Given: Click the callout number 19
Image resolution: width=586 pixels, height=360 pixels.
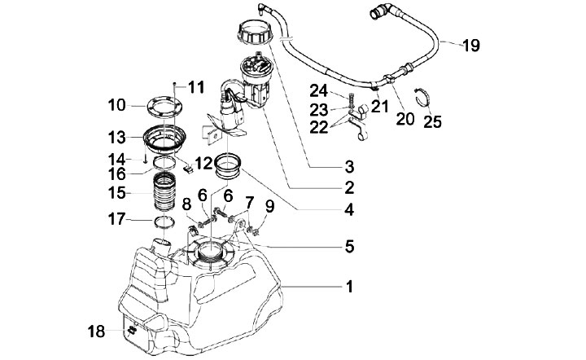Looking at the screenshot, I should click(470, 46).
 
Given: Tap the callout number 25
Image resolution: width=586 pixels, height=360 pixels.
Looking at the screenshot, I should click(433, 121).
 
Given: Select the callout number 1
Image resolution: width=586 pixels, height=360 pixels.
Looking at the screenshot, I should click(349, 288).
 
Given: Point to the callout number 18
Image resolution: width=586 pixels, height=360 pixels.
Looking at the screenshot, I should click(97, 331).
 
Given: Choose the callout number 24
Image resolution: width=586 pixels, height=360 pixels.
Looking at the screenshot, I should click(318, 91).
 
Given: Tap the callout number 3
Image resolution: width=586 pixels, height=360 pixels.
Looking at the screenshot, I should click(349, 167).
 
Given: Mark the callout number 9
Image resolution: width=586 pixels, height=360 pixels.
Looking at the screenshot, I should click(269, 207).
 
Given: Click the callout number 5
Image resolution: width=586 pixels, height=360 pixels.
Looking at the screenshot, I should click(349, 244).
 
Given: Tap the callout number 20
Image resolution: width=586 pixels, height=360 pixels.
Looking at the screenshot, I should click(405, 119).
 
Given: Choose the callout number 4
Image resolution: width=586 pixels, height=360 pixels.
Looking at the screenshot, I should click(349, 209).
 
